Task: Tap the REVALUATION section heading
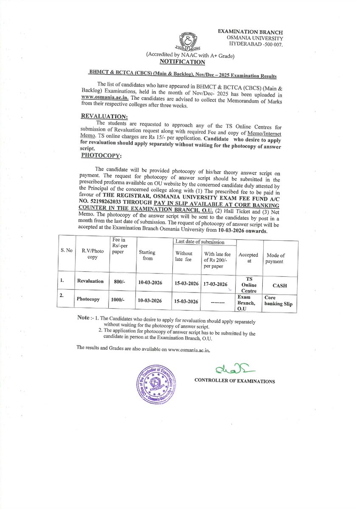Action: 104,116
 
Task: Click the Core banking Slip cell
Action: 279,301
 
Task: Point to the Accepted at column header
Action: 248,258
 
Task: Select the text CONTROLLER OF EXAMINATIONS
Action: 234,381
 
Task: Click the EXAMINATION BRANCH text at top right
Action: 250,32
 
